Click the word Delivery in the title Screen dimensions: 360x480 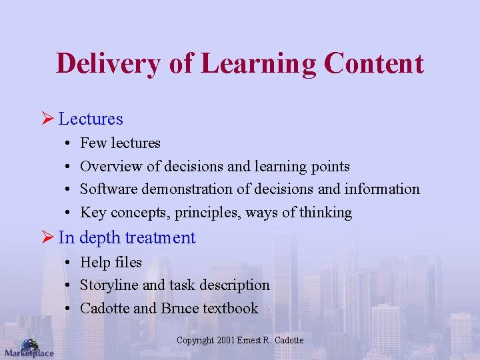pyautogui.click(x=108, y=63)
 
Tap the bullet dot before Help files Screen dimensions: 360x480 pyautogui.click(x=69, y=263)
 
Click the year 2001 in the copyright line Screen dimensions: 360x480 pyautogui.click(x=226, y=341)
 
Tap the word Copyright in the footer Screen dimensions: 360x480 pyautogui.click(x=195, y=341)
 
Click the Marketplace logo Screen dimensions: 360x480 pyautogui.click(x=28, y=349)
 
